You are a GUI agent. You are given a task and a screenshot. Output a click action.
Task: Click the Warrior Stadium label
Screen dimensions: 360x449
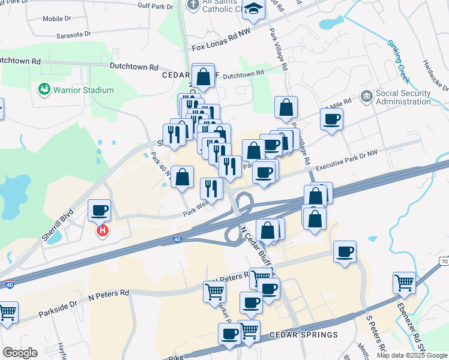pyautogui.click(x=83, y=91)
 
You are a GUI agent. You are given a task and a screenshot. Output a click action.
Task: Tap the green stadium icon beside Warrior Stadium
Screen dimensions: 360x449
pyautogui.click(x=44, y=90)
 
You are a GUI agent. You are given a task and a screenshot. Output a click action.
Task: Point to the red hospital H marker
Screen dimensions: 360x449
pyautogui.click(x=103, y=230)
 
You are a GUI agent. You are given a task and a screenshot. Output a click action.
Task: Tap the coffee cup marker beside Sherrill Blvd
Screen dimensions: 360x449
pyautogui.click(x=100, y=211)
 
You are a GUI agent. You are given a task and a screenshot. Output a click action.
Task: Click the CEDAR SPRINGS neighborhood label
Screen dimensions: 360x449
pyautogui.click(x=295, y=334)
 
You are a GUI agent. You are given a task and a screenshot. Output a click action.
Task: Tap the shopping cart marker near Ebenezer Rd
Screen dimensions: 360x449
pyautogui.click(x=405, y=282)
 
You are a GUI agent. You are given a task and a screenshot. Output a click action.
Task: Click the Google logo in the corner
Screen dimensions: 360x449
pyautogui.click(x=20, y=353)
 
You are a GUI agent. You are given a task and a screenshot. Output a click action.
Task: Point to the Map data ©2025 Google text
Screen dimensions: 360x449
pyautogui.click(x=411, y=355)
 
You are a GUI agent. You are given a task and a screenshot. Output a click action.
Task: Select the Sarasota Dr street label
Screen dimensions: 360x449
pyautogui.click(x=73, y=35)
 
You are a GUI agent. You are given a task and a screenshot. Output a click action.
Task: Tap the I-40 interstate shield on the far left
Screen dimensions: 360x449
pyautogui.click(x=9, y=284)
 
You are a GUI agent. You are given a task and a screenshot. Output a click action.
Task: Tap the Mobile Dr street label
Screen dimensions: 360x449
pyautogui.click(x=57, y=19)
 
